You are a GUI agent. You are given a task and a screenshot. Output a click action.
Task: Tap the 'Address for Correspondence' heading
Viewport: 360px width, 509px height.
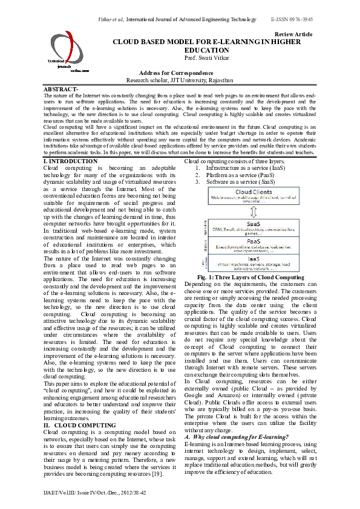point(180,73)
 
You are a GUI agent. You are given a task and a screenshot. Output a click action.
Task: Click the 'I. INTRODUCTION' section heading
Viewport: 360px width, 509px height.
point(67,161)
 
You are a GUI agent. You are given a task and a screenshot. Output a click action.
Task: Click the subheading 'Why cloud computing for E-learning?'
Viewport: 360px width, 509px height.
point(236,437)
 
